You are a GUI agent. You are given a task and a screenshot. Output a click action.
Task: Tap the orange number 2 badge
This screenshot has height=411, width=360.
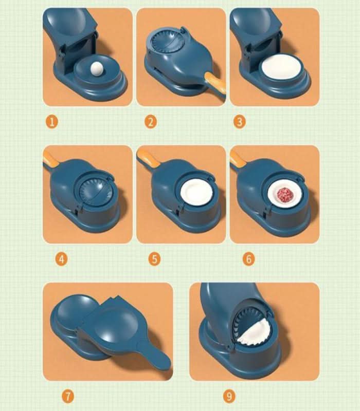pos(150,122)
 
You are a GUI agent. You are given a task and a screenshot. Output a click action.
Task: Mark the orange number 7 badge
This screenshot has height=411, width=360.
pos(68,396)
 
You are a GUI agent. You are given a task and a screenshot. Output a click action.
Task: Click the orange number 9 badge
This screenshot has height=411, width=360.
pos(229,396)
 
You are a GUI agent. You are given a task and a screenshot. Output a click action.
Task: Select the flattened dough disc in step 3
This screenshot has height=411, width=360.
pos(280,68)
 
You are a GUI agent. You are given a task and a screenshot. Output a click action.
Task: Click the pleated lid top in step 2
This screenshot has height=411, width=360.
pos(166,42)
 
